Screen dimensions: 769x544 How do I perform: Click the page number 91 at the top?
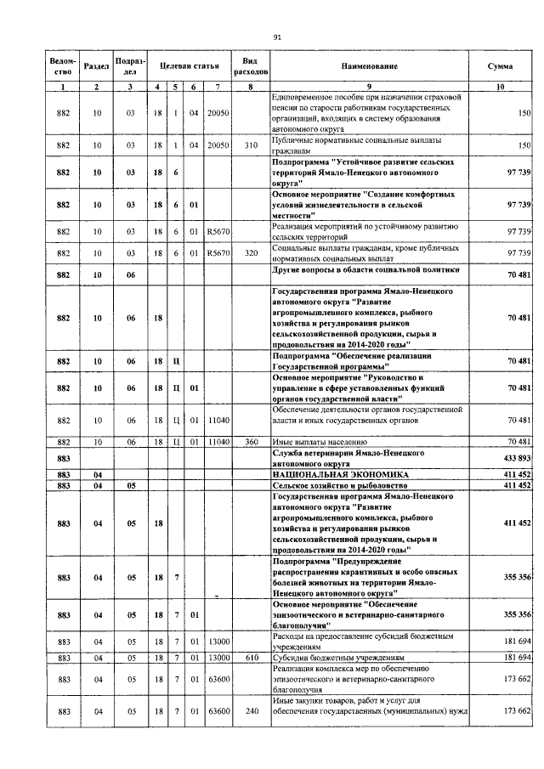[x=277, y=37]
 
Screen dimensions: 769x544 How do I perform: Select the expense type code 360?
[x=251, y=442]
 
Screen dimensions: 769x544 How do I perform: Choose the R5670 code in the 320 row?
[x=219, y=252]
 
